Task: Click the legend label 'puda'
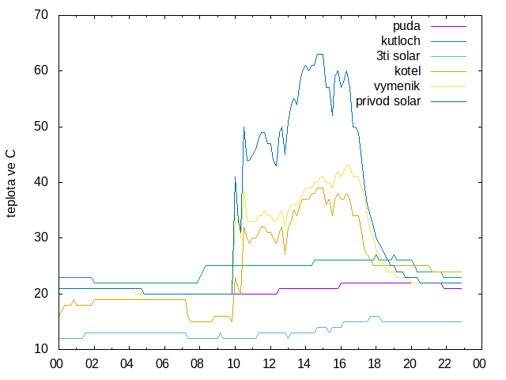tap(406, 26)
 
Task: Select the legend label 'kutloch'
tap(401, 41)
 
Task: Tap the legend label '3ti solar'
tap(398, 56)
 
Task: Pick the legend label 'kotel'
tap(408, 70)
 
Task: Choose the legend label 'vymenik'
tap(397, 86)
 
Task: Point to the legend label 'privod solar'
tap(388, 101)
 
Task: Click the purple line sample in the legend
tap(448, 26)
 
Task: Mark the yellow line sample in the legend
tap(448, 86)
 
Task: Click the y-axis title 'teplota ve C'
tap(10, 184)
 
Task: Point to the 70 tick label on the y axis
tap(41, 15)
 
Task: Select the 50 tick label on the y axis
tap(41, 127)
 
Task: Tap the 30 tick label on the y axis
tap(41, 237)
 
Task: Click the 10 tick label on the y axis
tap(41, 349)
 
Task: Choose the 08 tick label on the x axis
tap(197, 364)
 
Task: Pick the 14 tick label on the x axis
tap(304, 364)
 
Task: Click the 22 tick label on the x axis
tap(444, 364)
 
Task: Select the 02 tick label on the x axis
tap(92, 364)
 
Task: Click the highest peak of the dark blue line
tap(320, 54)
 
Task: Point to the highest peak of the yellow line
tap(348, 165)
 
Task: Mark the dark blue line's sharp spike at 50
tap(244, 127)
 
